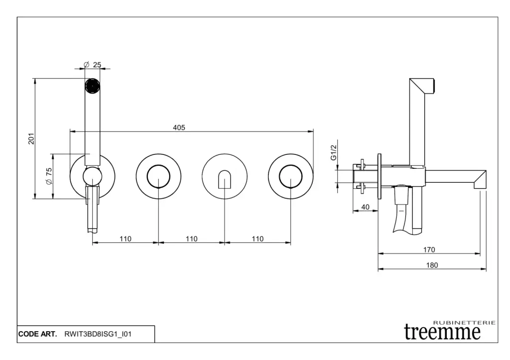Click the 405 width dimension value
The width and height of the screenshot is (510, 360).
179,127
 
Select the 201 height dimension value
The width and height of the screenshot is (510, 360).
31,138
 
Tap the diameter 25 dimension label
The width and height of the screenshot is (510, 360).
93,65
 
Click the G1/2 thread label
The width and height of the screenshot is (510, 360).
334,151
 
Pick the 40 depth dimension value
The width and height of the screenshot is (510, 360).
366,207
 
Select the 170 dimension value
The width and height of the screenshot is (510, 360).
429,249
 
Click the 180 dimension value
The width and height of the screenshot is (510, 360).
432,265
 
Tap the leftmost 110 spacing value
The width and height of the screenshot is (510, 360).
125,239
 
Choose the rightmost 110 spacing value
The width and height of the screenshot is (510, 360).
257,239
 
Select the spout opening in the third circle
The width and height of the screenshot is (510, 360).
225,179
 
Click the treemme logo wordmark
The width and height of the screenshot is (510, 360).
442,332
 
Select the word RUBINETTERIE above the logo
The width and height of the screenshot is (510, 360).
465,323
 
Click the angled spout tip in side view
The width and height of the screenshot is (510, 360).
480,179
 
